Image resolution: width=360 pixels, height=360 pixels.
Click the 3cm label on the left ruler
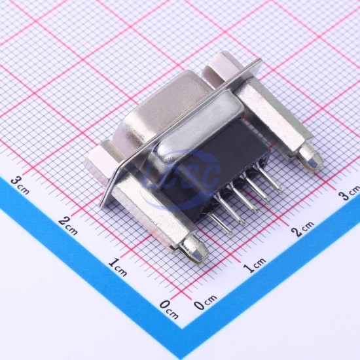tap(20, 185)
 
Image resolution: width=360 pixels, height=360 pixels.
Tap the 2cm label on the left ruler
tap(67, 226)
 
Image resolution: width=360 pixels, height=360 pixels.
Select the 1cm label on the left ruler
tap(118, 267)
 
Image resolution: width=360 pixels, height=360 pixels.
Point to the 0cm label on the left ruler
tap(169, 310)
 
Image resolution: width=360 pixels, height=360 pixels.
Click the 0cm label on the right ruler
tap(205, 302)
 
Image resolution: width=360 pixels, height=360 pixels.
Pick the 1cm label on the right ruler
tap(255, 264)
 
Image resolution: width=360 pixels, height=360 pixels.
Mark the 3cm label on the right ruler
tap(350, 192)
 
